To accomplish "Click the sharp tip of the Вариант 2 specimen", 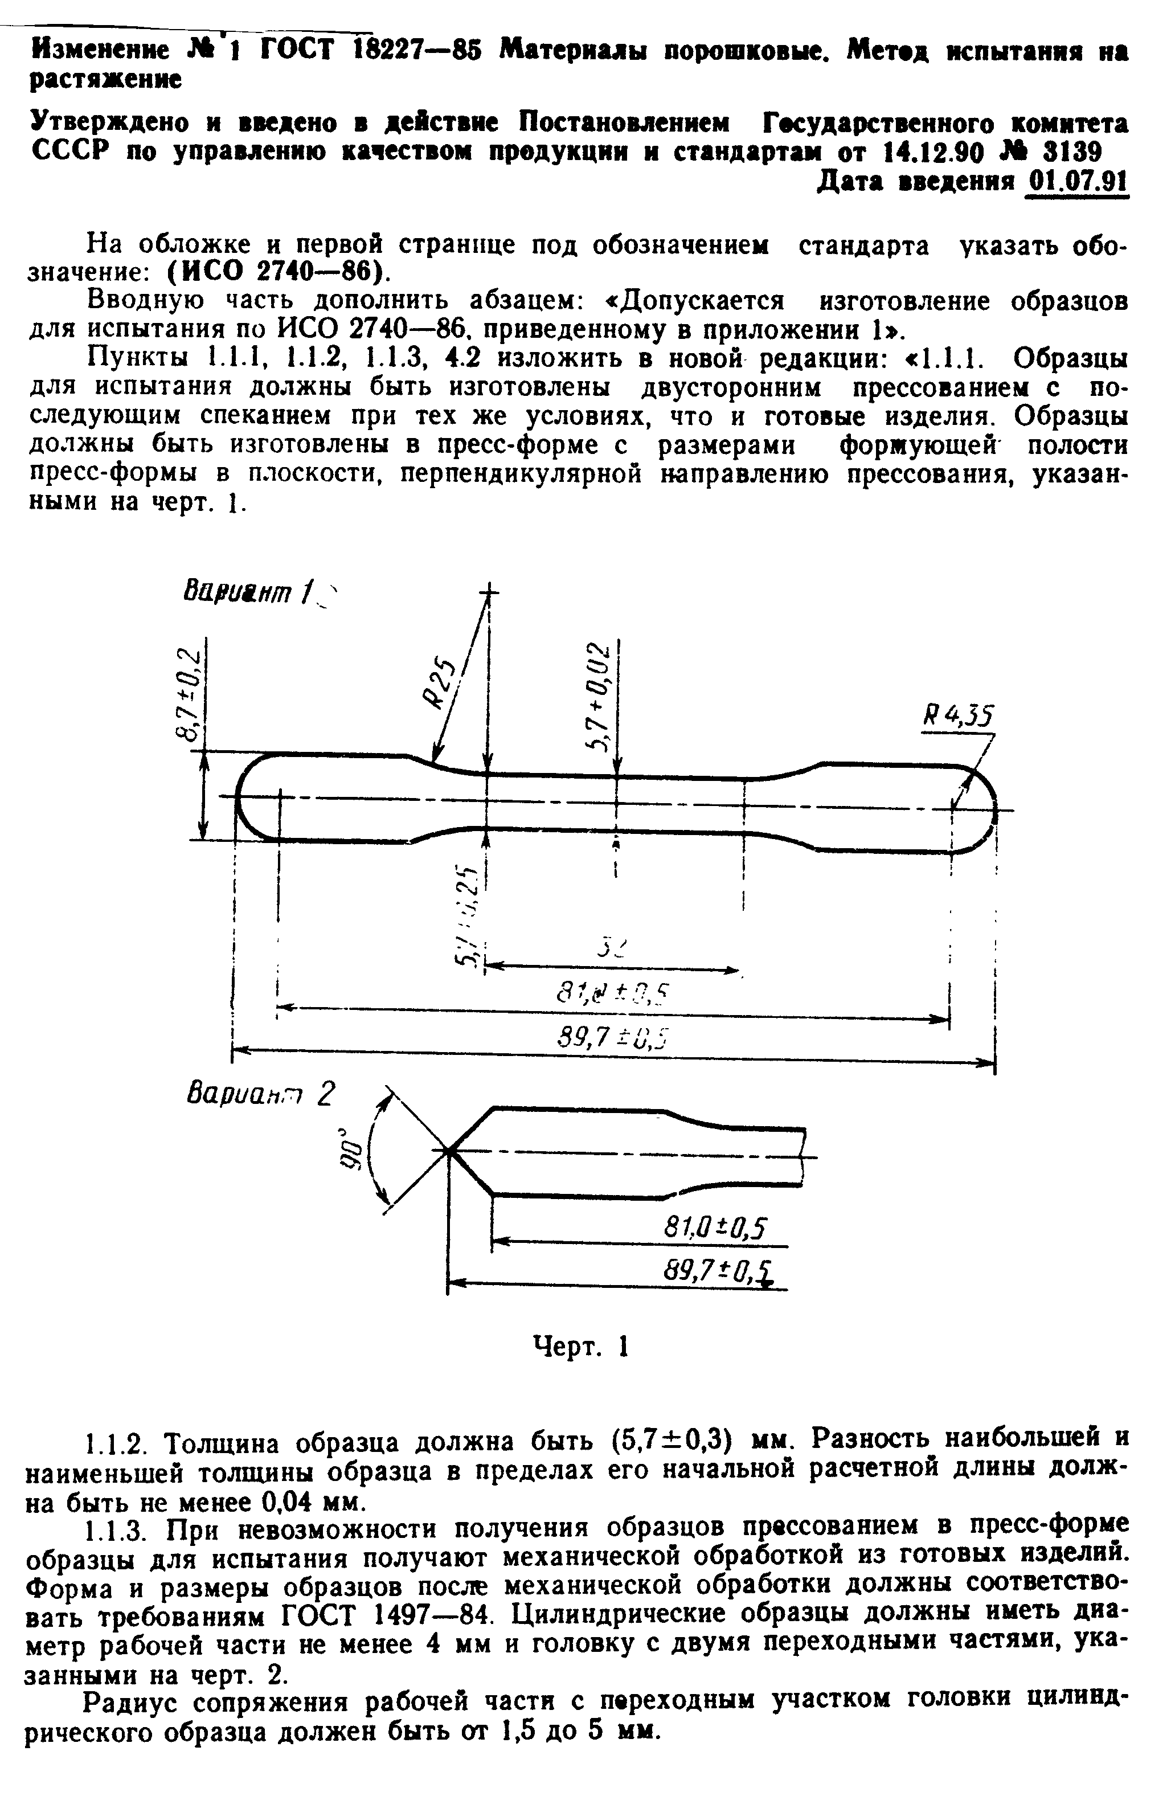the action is (x=449, y=1151).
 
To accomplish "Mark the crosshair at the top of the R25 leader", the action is (x=489, y=594).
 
